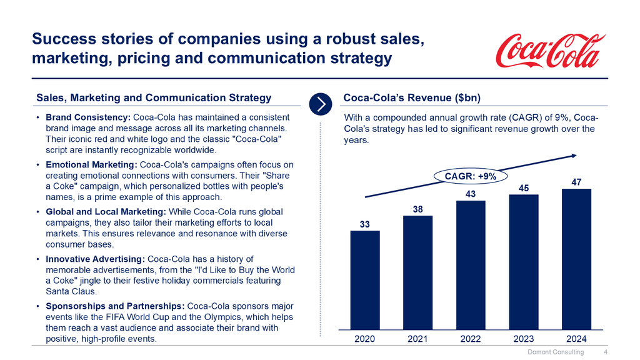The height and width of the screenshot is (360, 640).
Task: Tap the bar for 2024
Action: point(576,258)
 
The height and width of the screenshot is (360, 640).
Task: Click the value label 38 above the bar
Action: point(417,209)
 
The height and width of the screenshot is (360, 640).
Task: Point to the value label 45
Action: point(524,187)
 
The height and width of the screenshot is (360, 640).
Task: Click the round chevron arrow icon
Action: point(320,103)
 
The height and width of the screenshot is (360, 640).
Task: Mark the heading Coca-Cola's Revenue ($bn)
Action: point(411,97)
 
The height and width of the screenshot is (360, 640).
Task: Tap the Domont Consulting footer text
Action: point(556,352)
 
